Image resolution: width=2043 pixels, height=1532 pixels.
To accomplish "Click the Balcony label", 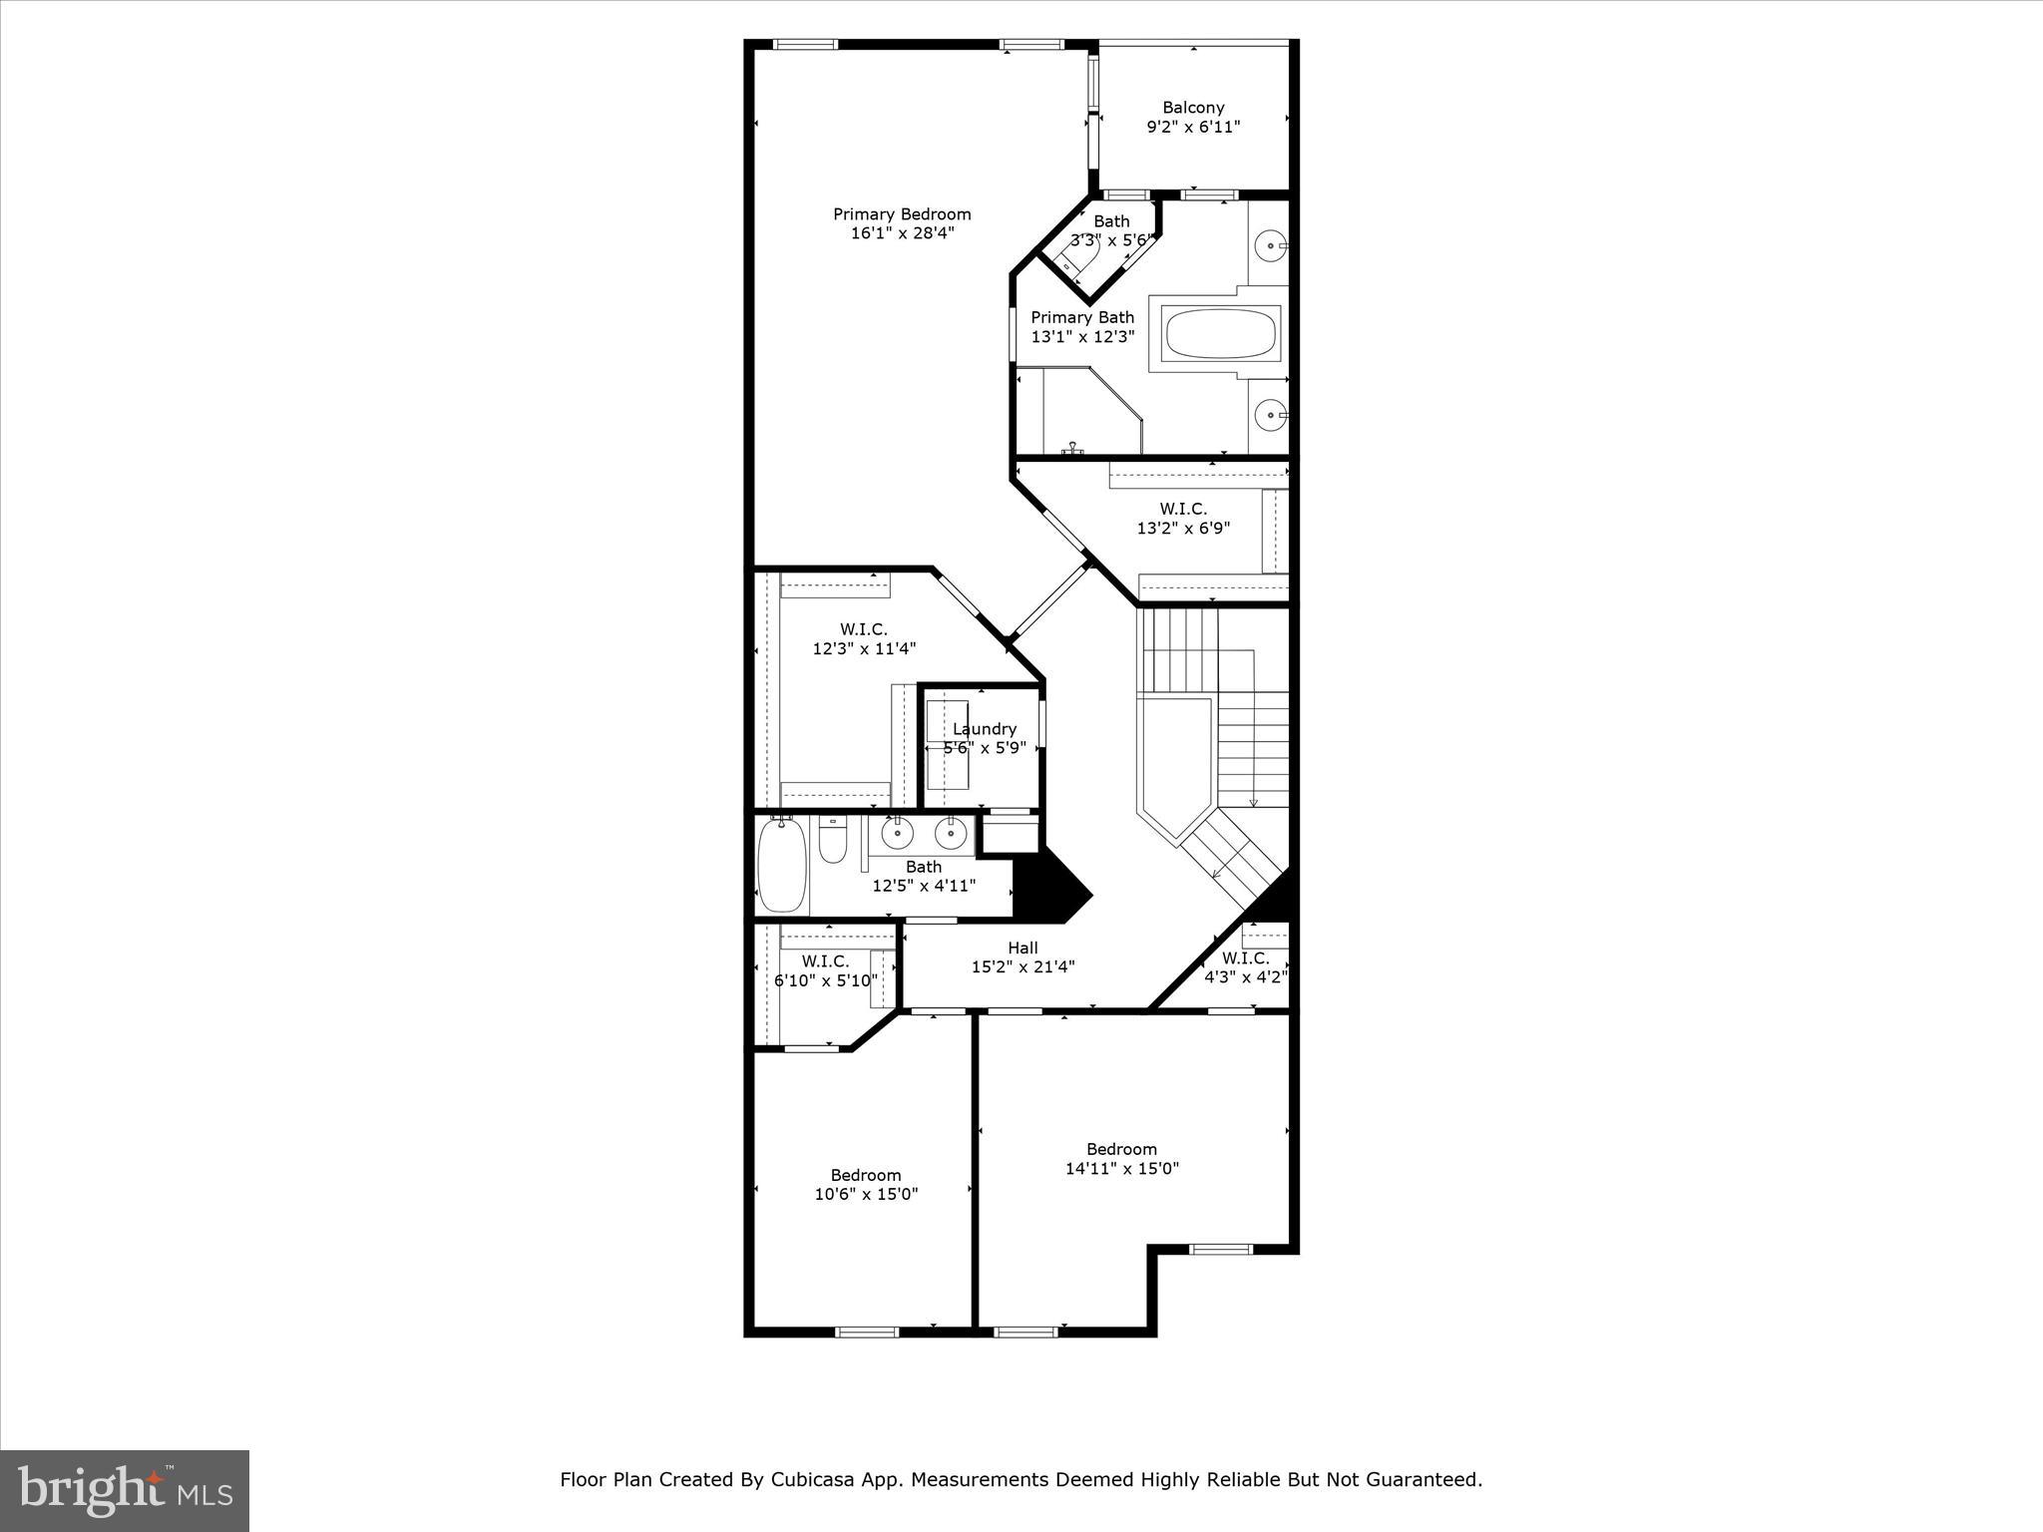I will (1193, 108).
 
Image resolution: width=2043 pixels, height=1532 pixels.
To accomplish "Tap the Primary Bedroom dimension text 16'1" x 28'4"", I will (902, 233).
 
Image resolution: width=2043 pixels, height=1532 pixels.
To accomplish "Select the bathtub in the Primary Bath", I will (1222, 334).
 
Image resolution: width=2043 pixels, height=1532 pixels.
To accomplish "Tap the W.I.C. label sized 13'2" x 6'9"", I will (1183, 510).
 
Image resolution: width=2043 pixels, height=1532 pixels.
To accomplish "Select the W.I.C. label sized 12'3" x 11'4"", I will (863, 629).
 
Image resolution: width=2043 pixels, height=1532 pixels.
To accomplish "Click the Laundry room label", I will (984, 729).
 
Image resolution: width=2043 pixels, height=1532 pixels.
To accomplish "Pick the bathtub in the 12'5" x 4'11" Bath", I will (781, 866).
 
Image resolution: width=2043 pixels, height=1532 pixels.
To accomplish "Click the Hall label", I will (1022, 949).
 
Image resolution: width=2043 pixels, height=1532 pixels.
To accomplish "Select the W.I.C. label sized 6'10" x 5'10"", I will (825, 961).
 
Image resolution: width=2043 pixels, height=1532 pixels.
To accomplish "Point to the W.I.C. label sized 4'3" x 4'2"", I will (1245, 958).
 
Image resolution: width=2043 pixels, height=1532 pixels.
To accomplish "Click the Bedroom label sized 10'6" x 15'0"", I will (865, 1175).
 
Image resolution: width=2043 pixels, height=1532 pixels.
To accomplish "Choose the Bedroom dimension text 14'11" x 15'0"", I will (1122, 1169).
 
